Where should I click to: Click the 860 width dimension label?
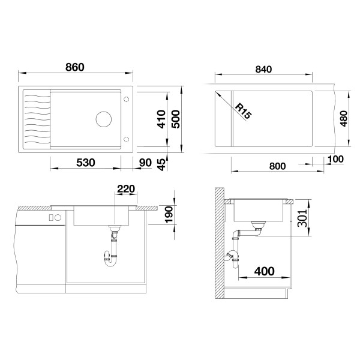(x=75, y=67)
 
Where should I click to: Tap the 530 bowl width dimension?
(x=85, y=163)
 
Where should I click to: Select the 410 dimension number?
(x=161, y=119)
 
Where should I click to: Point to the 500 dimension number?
(x=176, y=119)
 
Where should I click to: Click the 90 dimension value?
(x=145, y=163)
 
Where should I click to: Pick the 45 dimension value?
(x=161, y=164)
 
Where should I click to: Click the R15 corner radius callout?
(x=244, y=111)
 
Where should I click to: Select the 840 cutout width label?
(x=263, y=69)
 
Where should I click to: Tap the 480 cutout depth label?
(x=344, y=118)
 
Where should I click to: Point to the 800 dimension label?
(x=277, y=166)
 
